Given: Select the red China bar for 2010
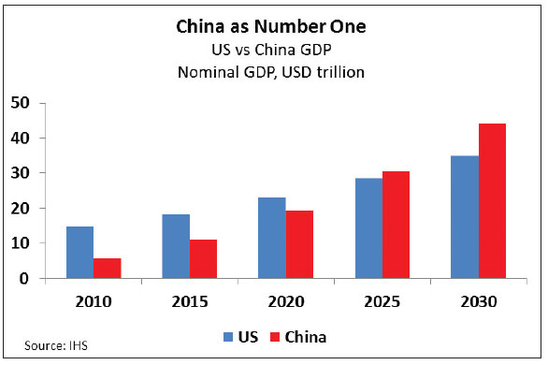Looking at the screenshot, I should [108, 268].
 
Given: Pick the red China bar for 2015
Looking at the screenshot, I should [203, 259].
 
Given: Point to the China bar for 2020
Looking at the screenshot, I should [298, 244].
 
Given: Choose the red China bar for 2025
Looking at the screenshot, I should [395, 225].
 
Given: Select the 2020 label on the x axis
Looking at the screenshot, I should [284, 301].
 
